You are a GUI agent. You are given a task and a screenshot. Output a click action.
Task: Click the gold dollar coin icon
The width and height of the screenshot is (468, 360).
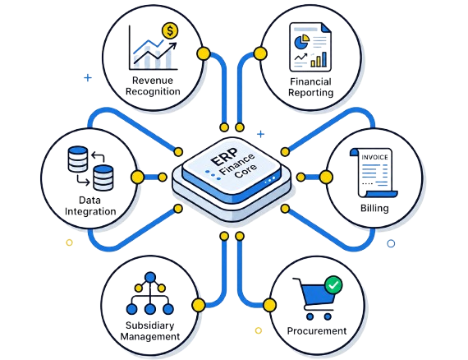click(x=170, y=30)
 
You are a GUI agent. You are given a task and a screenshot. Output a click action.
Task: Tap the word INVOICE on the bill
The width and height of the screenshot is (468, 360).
click(x=374, y=157)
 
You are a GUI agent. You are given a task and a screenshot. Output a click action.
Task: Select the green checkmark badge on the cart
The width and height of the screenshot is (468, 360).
click(x=333, y=284)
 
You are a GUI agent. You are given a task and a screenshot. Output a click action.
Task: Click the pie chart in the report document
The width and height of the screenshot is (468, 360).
click(x=302, y=42)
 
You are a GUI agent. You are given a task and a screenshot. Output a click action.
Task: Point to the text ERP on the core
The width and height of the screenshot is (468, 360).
click(x=224, y=157)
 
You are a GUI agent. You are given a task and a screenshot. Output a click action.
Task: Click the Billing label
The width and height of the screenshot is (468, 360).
click(x=374, y=208)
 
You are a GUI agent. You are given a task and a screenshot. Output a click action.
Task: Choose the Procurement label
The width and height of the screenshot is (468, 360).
click(x=317, y=330)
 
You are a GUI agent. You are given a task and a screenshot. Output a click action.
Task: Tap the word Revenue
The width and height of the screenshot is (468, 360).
click(x=153, y=80)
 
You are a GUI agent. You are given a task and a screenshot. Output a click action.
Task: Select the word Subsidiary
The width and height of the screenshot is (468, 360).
click(x=149, y=325)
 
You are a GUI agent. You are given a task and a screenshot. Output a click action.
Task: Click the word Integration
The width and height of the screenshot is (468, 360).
click(x=90, y=211)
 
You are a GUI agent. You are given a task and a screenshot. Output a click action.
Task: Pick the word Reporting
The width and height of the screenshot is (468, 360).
click(x=310, y=93)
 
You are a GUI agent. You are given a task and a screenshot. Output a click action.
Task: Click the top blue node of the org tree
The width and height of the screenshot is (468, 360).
click(x=150, y=278)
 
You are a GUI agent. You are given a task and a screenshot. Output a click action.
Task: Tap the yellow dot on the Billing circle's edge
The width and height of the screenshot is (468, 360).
click(x=326, y=178)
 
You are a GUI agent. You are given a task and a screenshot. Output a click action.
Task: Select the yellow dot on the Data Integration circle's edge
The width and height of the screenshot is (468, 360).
click(x=137, y=178)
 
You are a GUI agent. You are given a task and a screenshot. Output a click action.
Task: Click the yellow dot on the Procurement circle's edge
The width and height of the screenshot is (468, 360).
click(x=270, y=305)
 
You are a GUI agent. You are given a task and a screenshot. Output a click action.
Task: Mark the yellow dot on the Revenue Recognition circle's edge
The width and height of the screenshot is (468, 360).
click(x=204, y=53)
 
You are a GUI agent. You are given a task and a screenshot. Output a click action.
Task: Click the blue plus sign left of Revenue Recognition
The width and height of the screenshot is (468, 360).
click(x=88, y=78)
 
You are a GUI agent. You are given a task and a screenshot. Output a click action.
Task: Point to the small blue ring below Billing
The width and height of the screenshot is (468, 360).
click(x=391, y=243)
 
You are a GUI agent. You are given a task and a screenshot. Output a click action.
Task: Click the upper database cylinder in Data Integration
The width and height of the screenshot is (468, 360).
click(x=78, y=159)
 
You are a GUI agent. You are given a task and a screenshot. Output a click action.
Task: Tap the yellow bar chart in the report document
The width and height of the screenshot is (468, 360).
click(x=319, y=59)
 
